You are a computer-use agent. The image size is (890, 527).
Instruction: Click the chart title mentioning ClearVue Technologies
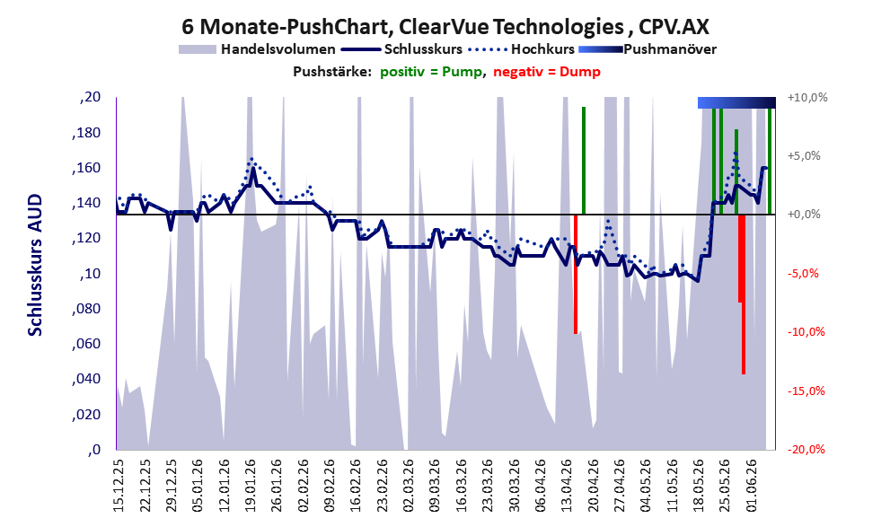[x=445, y=26]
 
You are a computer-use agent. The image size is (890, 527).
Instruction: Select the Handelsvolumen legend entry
[x=257, y=49]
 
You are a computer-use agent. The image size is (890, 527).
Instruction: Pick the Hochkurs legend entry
[x=522, y=49]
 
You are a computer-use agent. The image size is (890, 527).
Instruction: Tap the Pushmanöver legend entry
[x=648, y=49]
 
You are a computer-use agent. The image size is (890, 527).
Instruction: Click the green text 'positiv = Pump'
[x=431, y=72]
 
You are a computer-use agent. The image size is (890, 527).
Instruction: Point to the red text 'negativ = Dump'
[x=547, y=72]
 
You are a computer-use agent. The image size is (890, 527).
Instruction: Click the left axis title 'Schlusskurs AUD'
[x=35, y=265]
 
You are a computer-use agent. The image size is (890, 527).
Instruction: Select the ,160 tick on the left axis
[x=87, y=168]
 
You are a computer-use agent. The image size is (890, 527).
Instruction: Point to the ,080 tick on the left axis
[x=87, y=309]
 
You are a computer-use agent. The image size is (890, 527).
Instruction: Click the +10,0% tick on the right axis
[x=807, y=98]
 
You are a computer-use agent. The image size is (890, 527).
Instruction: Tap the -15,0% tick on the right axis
[x=806, y=391]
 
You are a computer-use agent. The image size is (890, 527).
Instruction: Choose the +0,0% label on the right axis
[x=805, y=215]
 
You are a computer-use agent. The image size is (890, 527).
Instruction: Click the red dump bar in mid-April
[x=576, y=274]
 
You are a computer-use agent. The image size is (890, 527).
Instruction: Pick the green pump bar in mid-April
[x=584, y=161]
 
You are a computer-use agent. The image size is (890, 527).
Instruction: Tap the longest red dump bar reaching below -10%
[x=744, y=294]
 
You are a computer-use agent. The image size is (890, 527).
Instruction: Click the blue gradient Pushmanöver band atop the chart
[x=736, y=102]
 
